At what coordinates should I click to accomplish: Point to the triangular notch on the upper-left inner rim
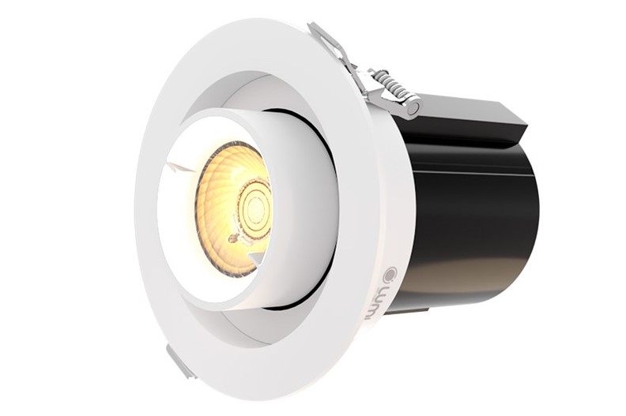pyautogui.click(x=179, y=166)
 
